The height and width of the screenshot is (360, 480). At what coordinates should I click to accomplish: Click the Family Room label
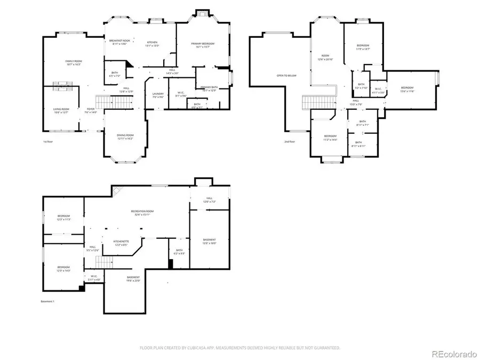pos(74,62)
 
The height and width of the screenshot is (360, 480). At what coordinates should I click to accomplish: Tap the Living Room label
pos(61,110)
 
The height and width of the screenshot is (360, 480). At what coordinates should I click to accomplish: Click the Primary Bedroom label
pos(203,45)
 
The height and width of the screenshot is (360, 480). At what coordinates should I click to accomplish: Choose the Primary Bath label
pos(209,89)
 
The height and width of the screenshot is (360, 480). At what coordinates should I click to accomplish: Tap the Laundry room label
pos(158,95)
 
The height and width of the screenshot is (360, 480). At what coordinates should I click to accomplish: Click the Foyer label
pos(90,110)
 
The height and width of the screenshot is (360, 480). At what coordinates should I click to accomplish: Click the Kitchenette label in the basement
pos(121,243)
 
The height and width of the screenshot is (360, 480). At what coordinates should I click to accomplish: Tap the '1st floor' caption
pos(48,142)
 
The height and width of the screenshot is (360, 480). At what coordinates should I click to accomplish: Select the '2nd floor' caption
pos(303,142)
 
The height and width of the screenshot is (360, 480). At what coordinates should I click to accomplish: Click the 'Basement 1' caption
pos(48,302)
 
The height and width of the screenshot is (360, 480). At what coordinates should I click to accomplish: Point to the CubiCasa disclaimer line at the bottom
pos(240,348)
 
